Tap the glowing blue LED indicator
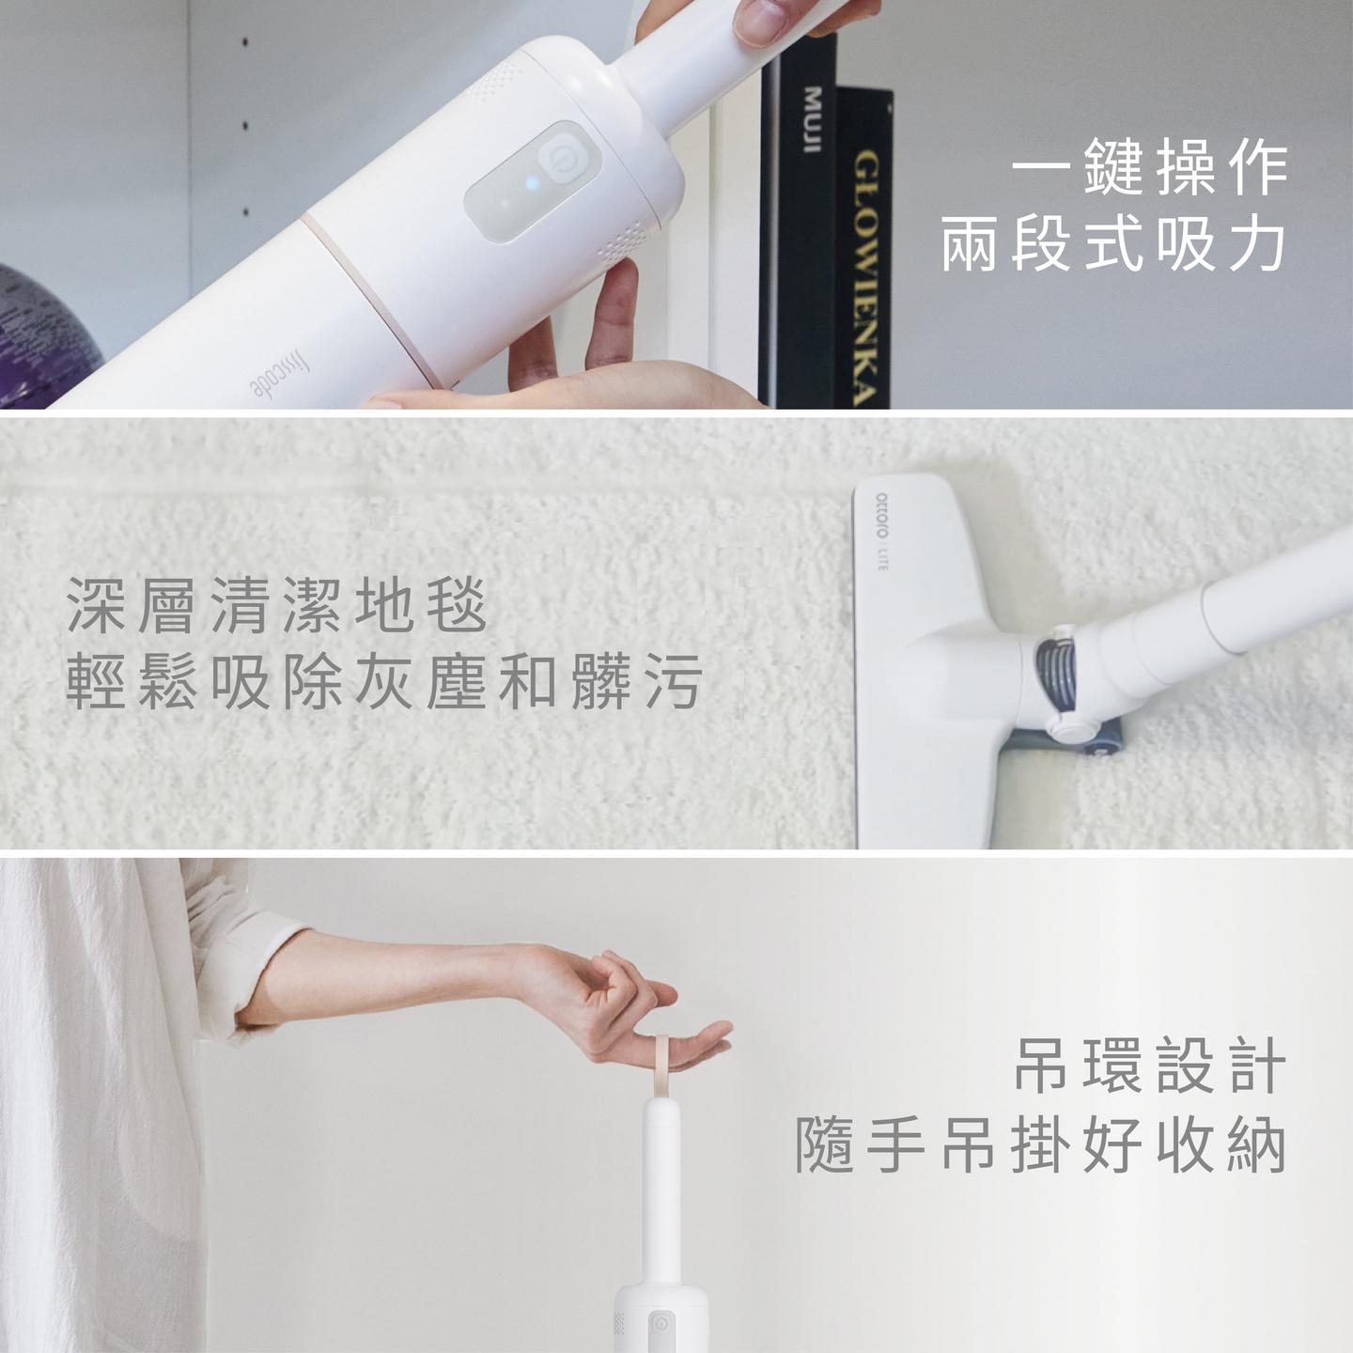pyautogui.click(x=532, y=184)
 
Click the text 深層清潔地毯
pyautogui.click(x=277, y=605)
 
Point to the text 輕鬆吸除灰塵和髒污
pyautogui.click(x=383, y=681)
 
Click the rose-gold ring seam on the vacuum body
pyautogui.click(x=371, y=301)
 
